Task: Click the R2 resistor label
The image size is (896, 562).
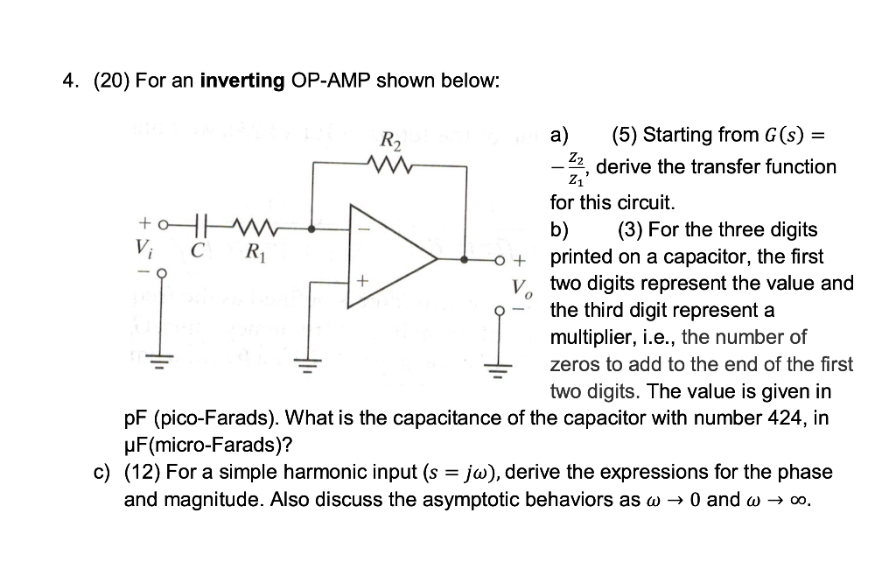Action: (x=389, y=140)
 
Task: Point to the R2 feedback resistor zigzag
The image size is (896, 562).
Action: (x=385, y=163)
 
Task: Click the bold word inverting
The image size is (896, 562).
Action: (x=242, y=81)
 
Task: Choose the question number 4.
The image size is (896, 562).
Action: (x=68, y=81)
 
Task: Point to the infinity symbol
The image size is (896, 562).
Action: (x=795, y=501)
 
